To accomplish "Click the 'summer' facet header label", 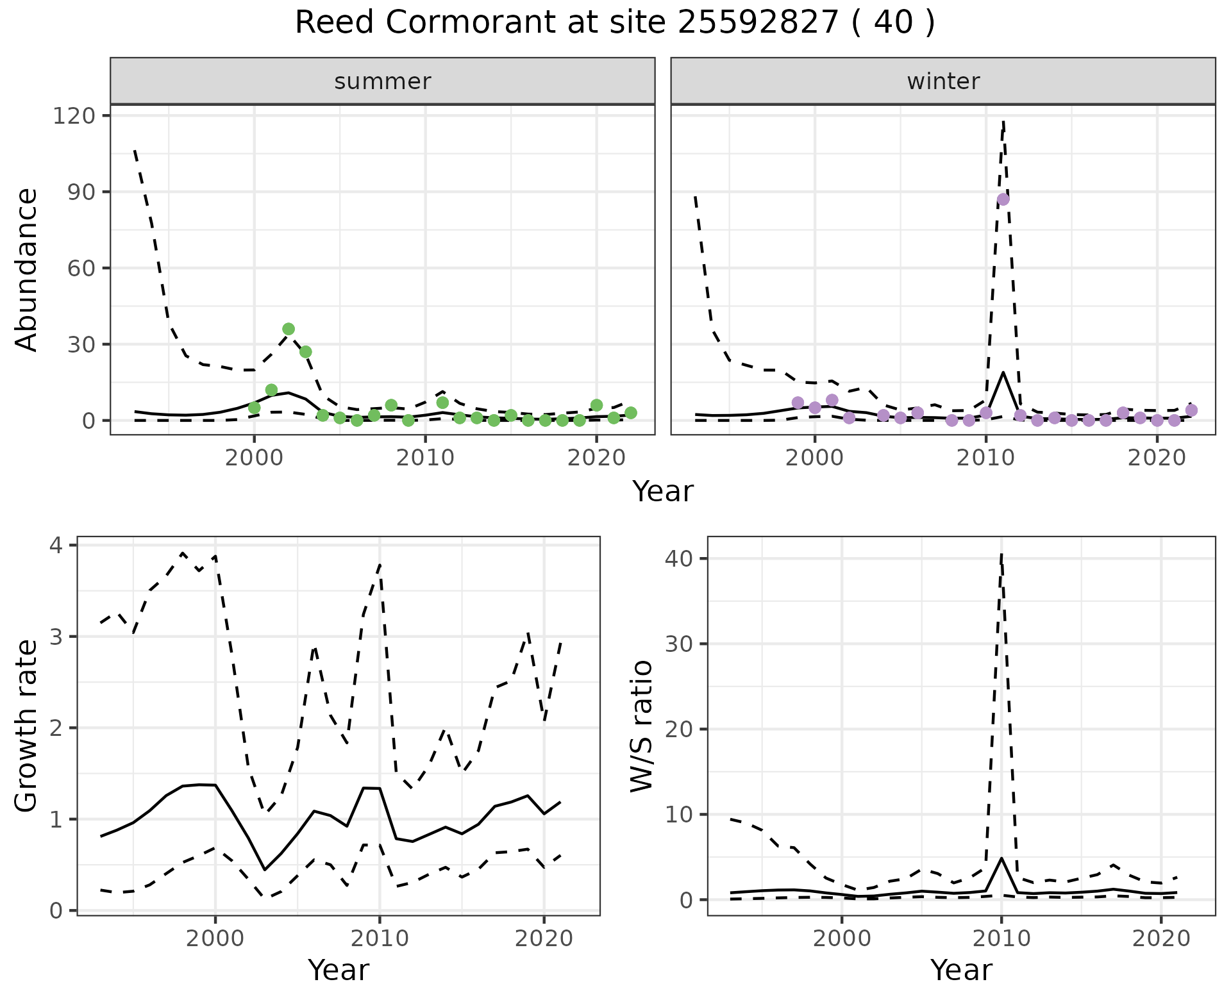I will click(x=383, y=81).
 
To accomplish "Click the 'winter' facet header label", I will click(x=943, y=81).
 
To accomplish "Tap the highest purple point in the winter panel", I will click(x=1003, y=199).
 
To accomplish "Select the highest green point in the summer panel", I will click(x=289, y=329).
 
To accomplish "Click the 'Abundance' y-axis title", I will click(x=27, y=269).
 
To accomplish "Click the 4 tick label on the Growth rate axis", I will click(x=57, y=546).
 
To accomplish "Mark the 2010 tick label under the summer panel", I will click(x=425, y=458).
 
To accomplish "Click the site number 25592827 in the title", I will click(x=758, y=23).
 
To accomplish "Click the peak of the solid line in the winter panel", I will click(x=1003, y=372).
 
